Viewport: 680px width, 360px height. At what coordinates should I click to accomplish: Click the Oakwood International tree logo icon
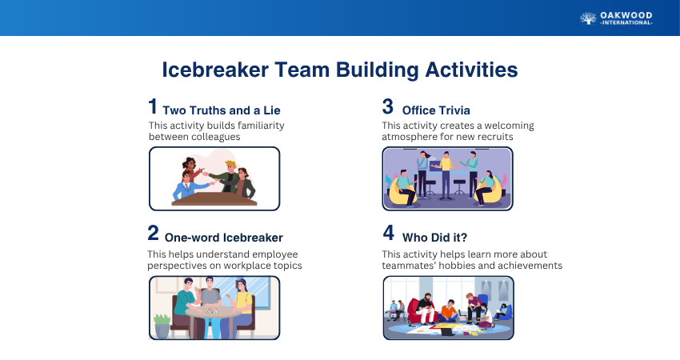588,18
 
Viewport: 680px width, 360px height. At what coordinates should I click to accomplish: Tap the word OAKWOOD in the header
626,16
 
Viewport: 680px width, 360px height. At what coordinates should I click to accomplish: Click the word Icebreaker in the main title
215,70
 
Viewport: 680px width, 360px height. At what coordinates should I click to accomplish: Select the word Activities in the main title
471,70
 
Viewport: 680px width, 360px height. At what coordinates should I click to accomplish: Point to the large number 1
153,106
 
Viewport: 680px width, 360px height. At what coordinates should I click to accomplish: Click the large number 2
153,233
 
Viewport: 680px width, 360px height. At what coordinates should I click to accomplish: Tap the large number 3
388,106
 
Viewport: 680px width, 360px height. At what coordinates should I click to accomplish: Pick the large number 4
389,233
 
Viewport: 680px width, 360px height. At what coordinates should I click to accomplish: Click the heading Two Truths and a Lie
222,110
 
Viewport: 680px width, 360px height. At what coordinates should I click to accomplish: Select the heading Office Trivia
436,110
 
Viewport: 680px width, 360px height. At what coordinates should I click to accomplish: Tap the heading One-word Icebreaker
224,238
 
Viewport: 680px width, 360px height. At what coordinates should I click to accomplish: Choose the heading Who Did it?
434,238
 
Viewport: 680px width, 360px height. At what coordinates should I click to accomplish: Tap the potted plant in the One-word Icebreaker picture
162,326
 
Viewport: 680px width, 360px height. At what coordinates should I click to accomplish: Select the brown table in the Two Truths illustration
214,199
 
